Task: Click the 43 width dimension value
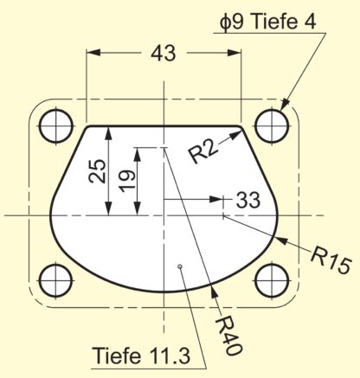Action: coord(163,54)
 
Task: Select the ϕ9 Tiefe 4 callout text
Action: coord(267,22)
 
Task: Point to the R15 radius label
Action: coord(331,260)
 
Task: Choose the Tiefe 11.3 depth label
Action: coord(141,356)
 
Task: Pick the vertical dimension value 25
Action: coord(97,171)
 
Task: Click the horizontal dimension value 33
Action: coord(248,200)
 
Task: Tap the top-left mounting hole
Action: coord(56,125)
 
